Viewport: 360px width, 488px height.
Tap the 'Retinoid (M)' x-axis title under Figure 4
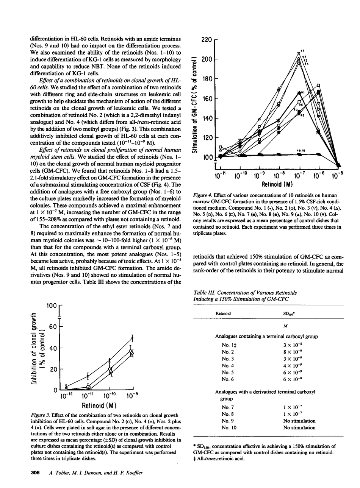[276, 185]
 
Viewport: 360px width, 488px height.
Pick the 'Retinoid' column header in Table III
[223, 313]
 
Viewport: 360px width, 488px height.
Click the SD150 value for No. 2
[293, 352]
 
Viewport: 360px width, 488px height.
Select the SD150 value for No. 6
[293, 379]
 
